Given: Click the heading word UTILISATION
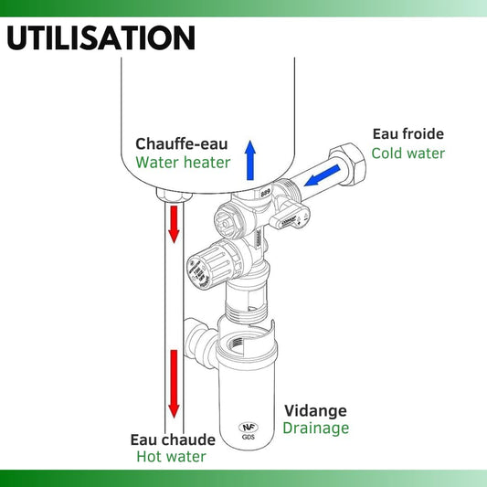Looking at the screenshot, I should coord(101,38).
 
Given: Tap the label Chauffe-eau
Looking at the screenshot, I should coord(183,143).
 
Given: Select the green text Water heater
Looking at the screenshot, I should coord(183,164).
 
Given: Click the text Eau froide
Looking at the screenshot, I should coord(408,133).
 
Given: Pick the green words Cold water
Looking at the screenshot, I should coord(408,154).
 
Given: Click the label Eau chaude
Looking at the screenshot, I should coord(172,439).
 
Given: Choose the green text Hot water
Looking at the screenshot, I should coord(172,457).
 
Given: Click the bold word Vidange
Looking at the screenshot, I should coord(314,410).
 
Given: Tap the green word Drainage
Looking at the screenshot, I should coord(315,428).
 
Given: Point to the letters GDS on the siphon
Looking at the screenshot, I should coord(249,437).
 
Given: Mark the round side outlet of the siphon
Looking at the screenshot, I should coord(196,340).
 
